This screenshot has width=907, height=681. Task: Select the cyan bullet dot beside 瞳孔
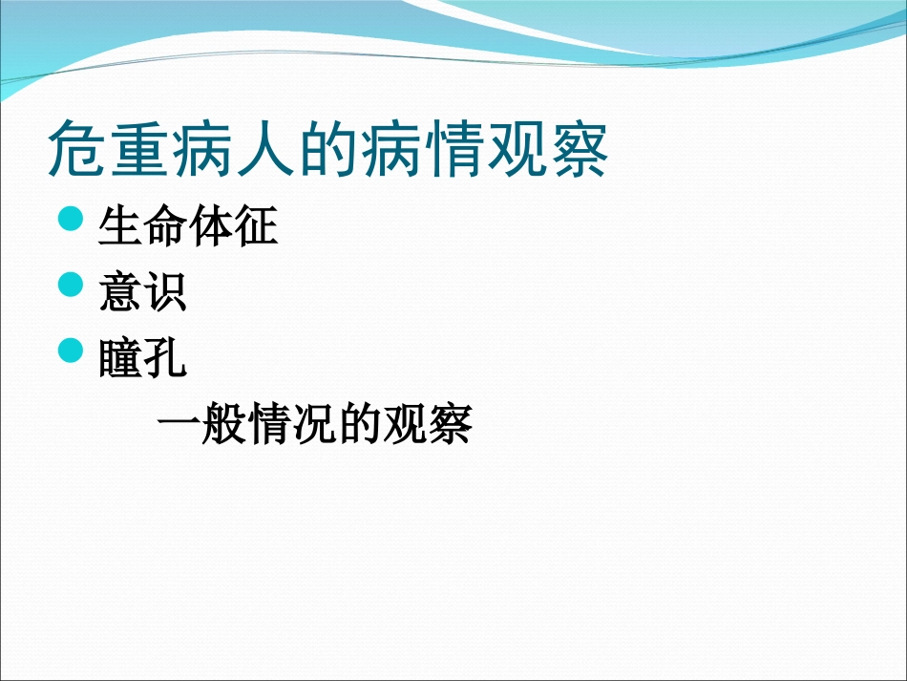tap(72, 351)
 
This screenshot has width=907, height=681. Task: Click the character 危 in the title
tap(78, 148)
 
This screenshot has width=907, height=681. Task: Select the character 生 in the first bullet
tap(120, 227)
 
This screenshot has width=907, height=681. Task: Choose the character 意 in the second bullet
tap(120, 293)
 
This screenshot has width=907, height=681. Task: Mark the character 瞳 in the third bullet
tap(120, 359)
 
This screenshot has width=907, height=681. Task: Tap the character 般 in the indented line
tap(223, 425)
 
